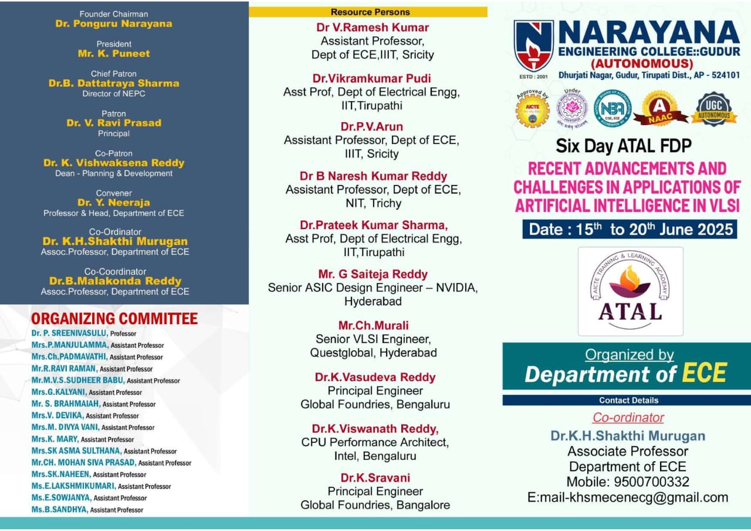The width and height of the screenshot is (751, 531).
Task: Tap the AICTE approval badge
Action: pyautogui.click(x=532, y=109)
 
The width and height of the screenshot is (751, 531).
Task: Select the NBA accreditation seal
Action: pyautogui.click(x=613, y=109)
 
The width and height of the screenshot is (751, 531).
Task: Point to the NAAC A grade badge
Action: pyautogui.click(x=660, y=108)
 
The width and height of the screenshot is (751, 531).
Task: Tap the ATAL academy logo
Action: pyautogui.click(x=630, y=291)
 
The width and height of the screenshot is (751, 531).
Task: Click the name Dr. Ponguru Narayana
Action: pyautogui.click(x=114, y=24)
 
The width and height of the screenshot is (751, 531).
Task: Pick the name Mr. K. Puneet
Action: pyautogui.click(x=114, y=53)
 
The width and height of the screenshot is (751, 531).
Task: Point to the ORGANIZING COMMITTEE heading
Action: pyautogui.click(x=114, y=319)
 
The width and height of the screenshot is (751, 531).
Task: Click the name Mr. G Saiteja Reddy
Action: pyautogui.click(x=373, y=274)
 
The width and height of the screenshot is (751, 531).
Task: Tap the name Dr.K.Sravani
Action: pyautogui.click(x=375, y=478)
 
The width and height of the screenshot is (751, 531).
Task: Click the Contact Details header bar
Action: pyautogui.click(x=628, y=401)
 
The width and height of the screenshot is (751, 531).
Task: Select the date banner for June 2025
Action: pyautogui.click(x=630, y=228)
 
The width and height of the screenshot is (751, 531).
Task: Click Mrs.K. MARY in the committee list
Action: pyautogui.click(x=55, y=439)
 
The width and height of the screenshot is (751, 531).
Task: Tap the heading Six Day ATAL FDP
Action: pyautogui.click(x=624, y=145)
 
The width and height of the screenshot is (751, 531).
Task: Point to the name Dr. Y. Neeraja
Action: pyautogui.click(x=114, y=203)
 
